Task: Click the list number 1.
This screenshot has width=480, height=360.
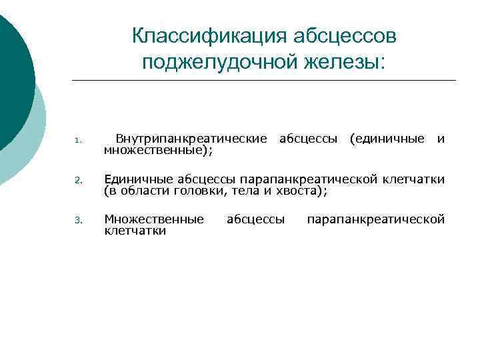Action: tap(77, 141)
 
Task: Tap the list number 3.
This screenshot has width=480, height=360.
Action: tap(77, 221)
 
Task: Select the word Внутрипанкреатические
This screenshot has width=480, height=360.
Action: tap(191, 139)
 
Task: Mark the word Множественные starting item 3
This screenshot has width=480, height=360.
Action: tap(154, 219)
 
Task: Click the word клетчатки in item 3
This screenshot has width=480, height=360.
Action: tap(135, 231)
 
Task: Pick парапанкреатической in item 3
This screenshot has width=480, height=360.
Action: tap(375, 219)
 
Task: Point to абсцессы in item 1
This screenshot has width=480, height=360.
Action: tap(308, 139)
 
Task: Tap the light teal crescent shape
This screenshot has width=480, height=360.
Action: tap(35, 133)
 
